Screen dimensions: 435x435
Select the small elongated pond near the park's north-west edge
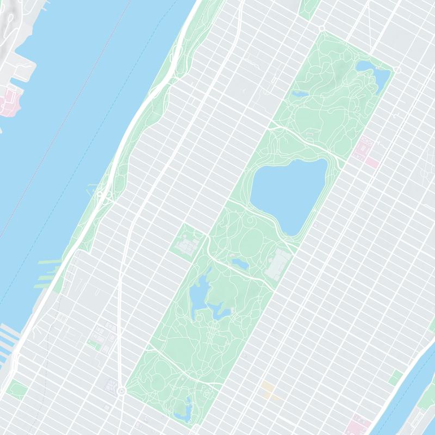(300, 94)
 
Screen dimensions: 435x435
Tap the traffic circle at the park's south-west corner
(121, 391)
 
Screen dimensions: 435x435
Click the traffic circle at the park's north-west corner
(321, 28)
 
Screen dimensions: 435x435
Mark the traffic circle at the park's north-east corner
(397, 70)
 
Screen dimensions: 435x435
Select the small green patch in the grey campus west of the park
(94, 344)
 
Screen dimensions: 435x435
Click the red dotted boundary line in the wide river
(33, 179)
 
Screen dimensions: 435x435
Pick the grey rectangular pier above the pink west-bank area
(22, 68)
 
